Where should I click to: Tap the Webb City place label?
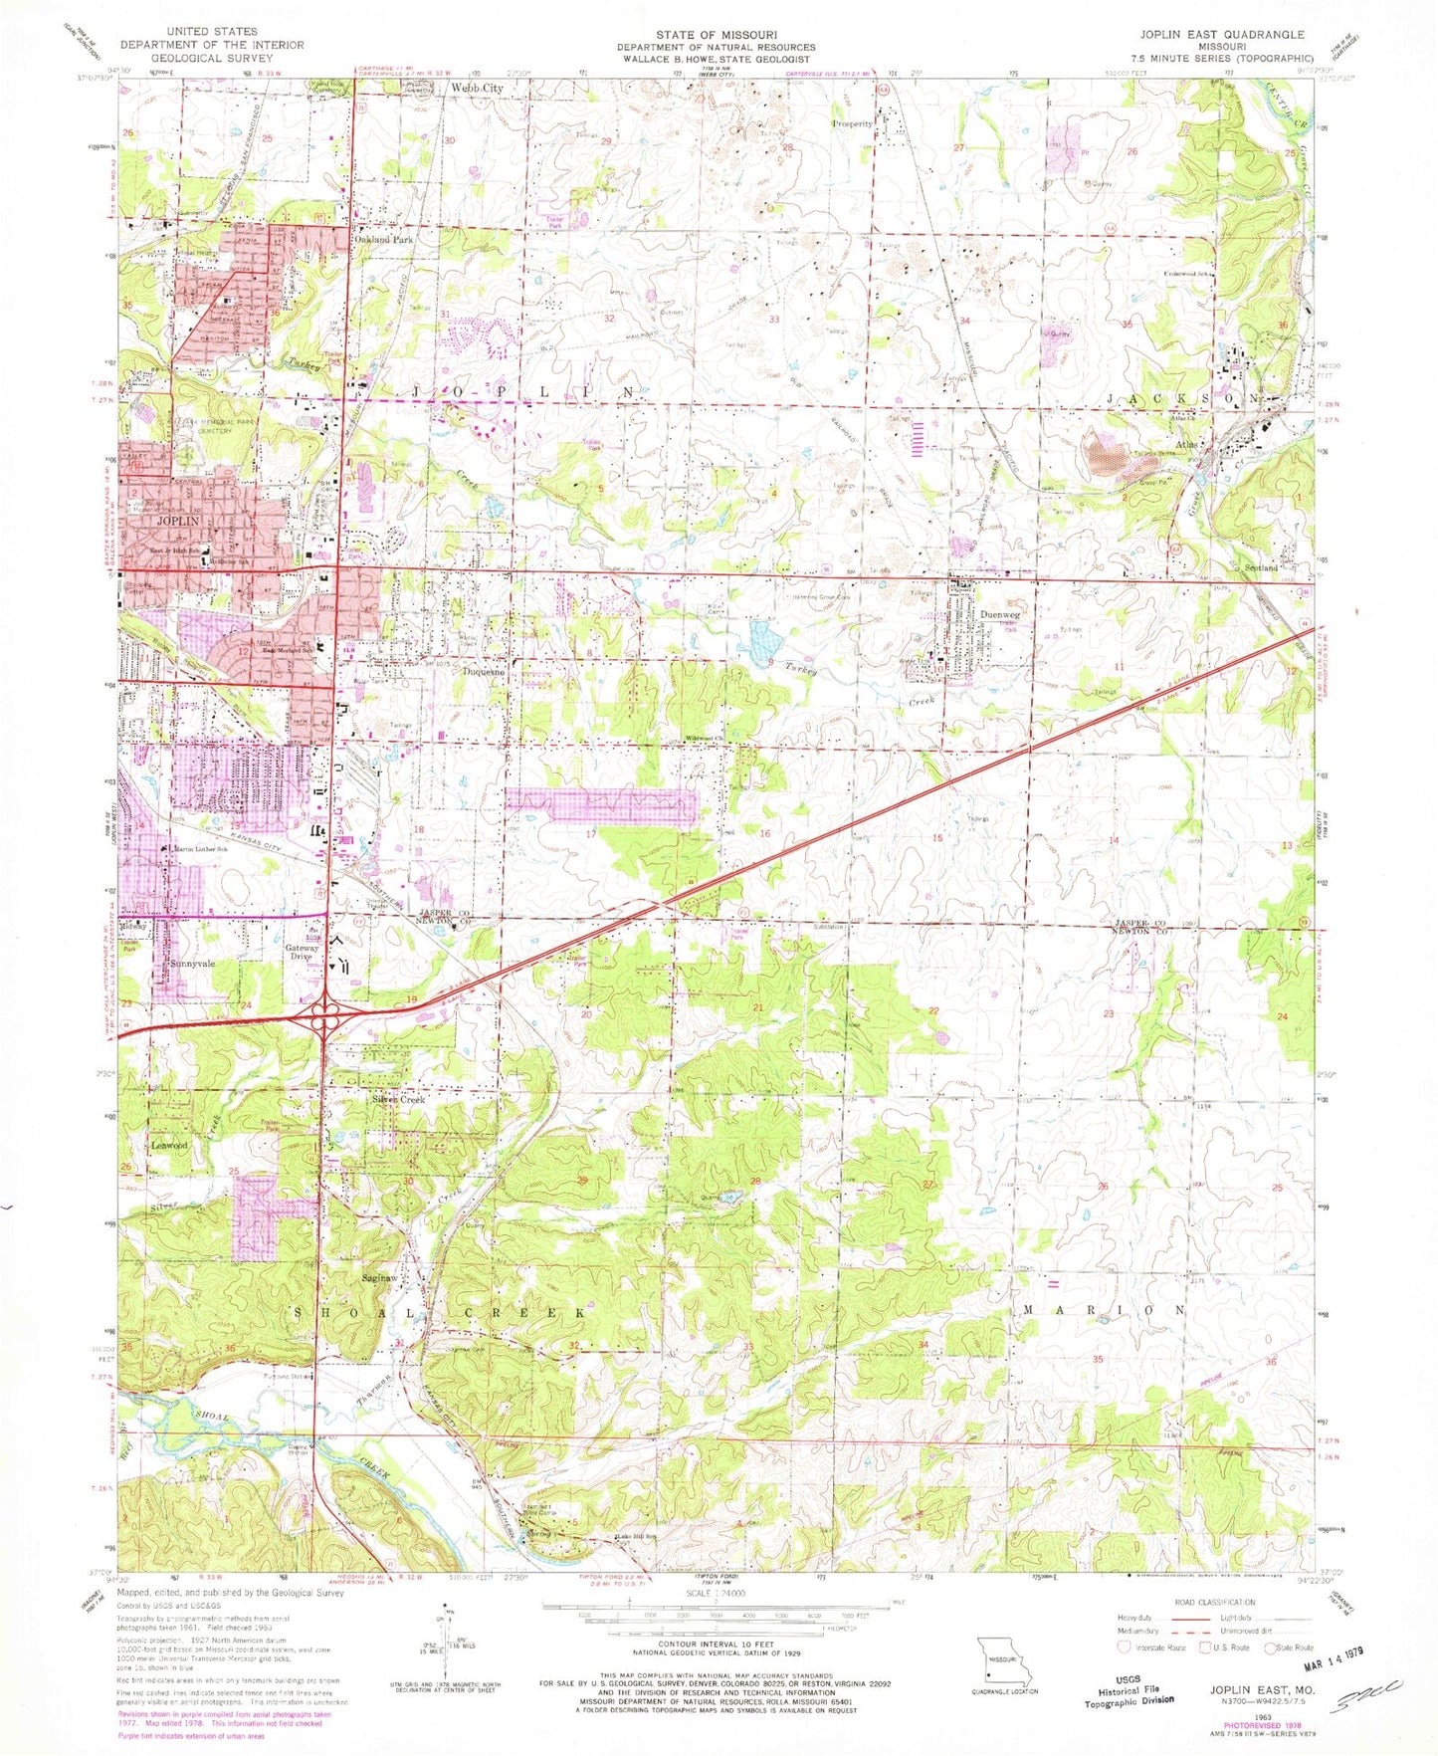477,89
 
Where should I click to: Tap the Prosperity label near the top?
852,124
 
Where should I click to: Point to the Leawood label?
169,1146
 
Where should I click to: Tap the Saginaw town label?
380,1277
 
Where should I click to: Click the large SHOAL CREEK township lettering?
438,1314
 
